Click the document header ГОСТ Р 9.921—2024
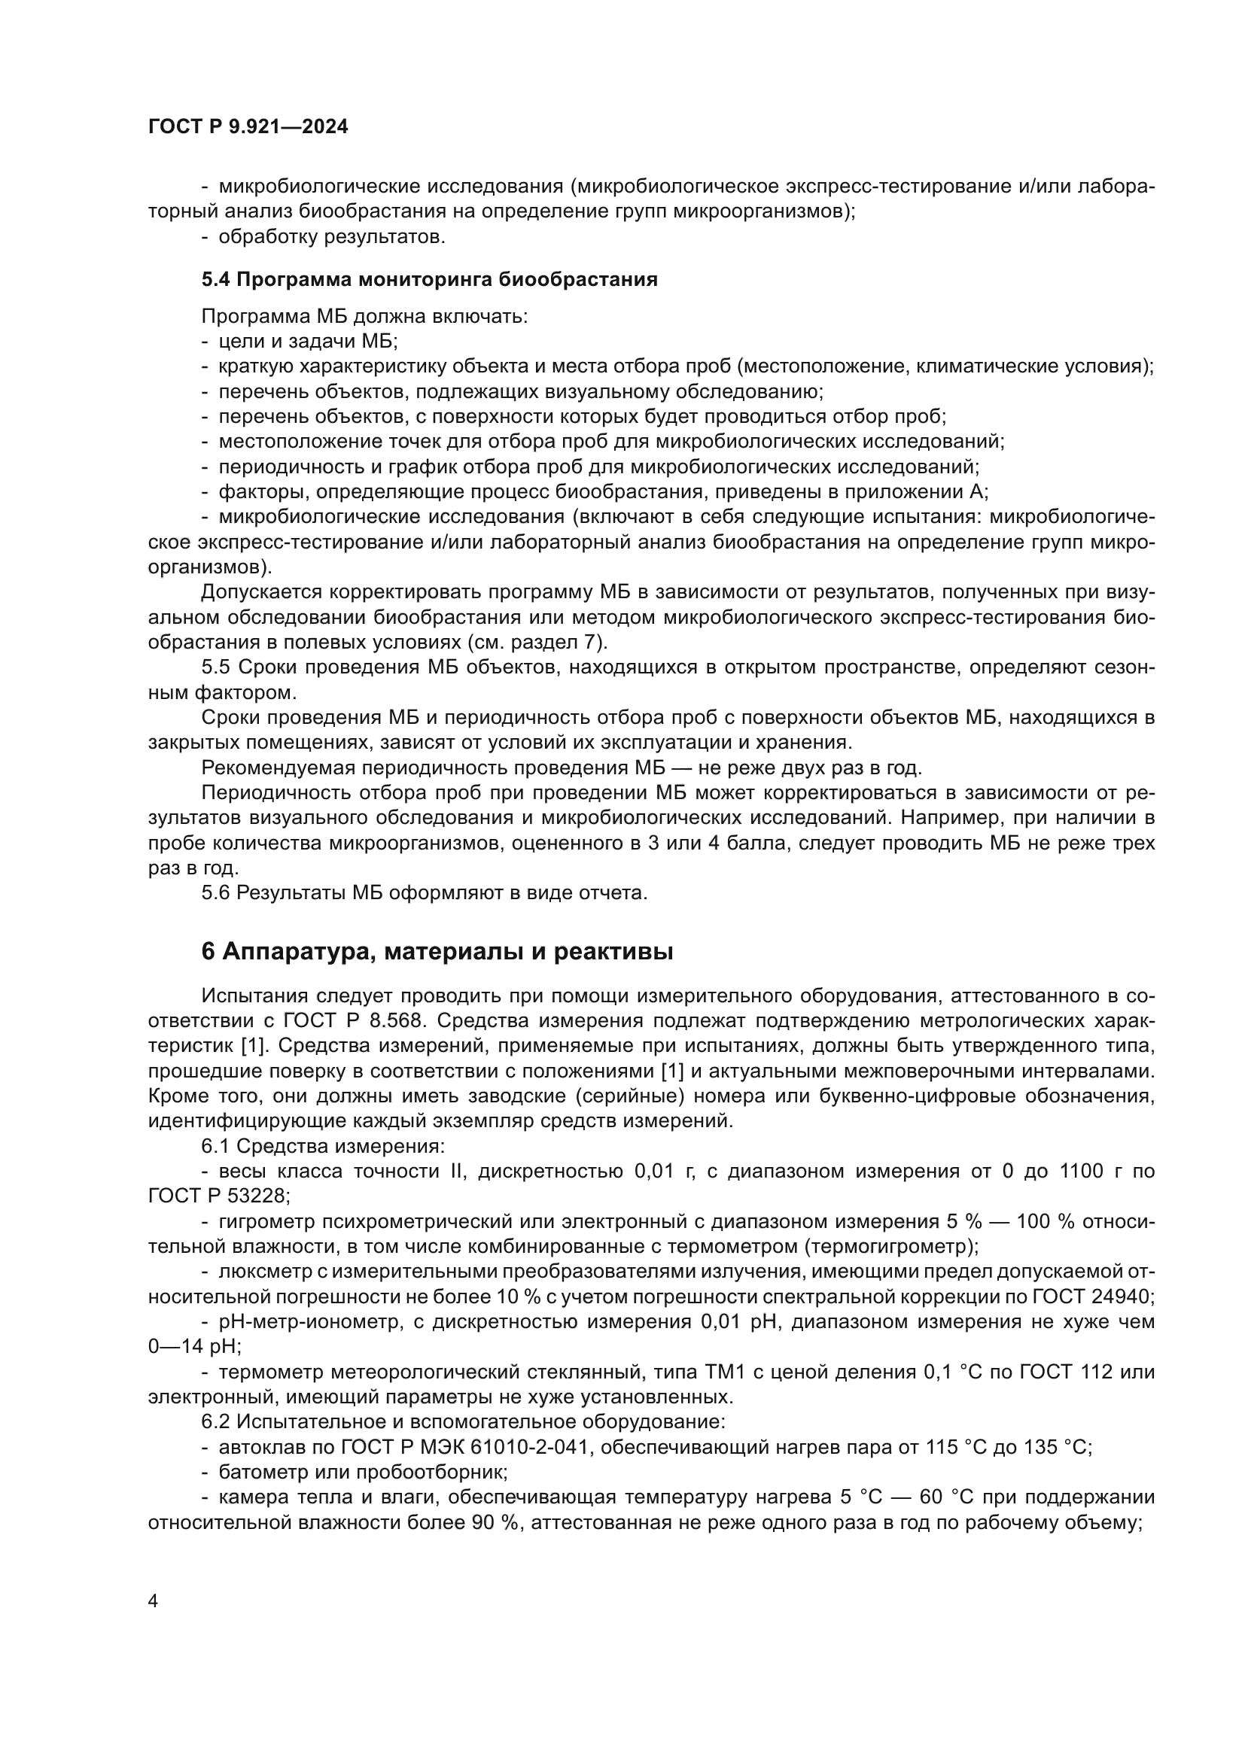pyautogui.click(x=248, y=127)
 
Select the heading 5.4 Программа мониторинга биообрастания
pyautogui.click(x=429, y=280)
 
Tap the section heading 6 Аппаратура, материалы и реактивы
pyautogui.click(x=438, y=951)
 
